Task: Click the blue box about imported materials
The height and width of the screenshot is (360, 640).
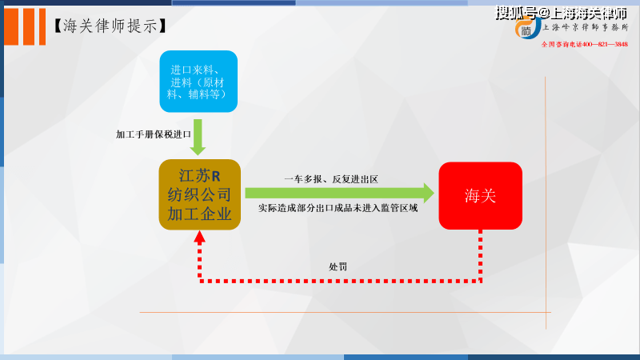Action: point(198,82)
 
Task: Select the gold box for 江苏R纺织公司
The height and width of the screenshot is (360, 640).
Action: point(199,194)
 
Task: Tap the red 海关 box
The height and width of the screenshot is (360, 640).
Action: point(481,195)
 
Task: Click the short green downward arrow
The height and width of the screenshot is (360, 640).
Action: point(198,137)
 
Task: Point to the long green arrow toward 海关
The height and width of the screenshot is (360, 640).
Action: point(339,193)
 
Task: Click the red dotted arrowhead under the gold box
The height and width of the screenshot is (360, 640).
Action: point(199,238)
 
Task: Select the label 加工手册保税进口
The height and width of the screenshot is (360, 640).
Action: point(154,134)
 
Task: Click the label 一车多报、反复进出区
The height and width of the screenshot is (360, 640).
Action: point(331,179)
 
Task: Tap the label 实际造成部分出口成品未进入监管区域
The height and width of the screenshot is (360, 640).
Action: point(338,208)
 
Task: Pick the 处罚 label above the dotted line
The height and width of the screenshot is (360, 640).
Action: point(338,267)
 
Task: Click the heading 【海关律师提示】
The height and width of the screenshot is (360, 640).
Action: point(110,26)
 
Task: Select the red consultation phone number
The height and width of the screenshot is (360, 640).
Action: point(585,44)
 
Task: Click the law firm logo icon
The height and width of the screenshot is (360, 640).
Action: point(527,28)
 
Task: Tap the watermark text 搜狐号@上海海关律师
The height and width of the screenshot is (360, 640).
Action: point(562,13)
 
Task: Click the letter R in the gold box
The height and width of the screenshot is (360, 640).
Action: point(216,176)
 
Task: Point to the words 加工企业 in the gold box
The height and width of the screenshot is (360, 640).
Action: point(199,214)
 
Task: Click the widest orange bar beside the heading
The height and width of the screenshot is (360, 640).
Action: point(11,26)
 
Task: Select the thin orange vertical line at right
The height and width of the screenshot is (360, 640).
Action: point(546,203)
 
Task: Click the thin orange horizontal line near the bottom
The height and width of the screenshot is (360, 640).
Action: point(346,312)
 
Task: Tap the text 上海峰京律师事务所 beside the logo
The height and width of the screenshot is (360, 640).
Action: point(586,27)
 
